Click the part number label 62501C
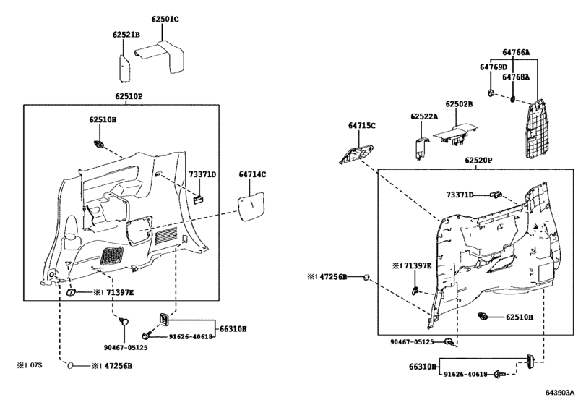coord(165,19)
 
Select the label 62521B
coord(126,35)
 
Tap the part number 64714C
coord(252,174)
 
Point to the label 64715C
coord(362,126)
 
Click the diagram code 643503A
coord(559,393)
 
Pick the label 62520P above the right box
coord(478,161)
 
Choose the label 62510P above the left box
coord(129,96)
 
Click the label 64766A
coord(516,52)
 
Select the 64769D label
coord(494,67)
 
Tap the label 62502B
coord(459,104)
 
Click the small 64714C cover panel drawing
coord(251,206)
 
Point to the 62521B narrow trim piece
coord(124,68)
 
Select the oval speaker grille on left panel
coord(112,256)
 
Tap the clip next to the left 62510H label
coord(100,144)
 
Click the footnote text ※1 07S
coord(30,365)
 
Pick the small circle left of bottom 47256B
coord(70,366)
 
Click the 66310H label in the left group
coord(233,329)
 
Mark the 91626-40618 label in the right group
coord(465,374)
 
